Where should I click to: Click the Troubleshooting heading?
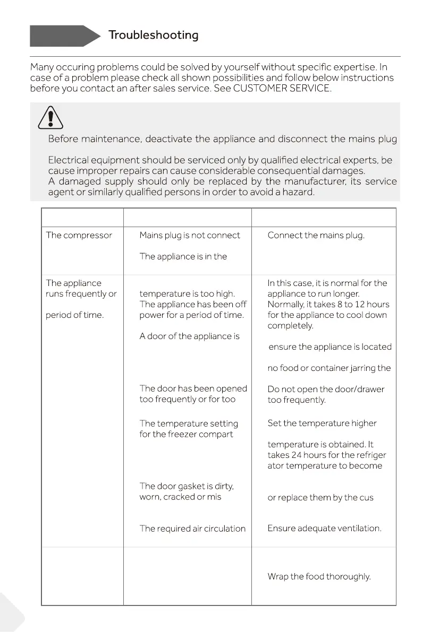coord(153,36)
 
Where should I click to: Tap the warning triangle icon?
coord(50,117)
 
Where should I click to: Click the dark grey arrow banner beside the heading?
coord(64,36)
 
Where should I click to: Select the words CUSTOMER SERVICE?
coord(282,89)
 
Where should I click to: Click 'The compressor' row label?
coord(79,236)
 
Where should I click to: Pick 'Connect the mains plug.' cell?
coord(316,236)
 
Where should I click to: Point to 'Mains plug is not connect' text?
coord(190,236)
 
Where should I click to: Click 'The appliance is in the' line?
coord(183,257)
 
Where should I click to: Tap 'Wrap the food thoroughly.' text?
coord(319,577)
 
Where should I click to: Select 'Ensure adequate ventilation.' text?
coord(324,529)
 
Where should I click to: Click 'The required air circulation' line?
coord(192,529)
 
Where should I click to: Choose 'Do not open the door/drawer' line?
coord(326,389)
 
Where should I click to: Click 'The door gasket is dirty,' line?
coord(187,487)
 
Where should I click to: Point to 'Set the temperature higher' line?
coord(322,424)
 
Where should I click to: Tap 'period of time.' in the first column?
coord(75,315)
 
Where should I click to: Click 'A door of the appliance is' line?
coord(189,336)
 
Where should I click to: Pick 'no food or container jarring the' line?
coord(329,368)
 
